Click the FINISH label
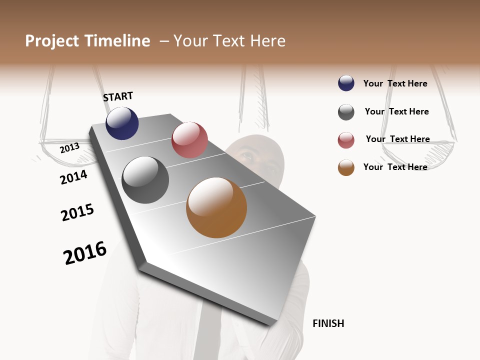pos(328,323)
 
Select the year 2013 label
pos(69,147)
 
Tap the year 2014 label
pos(73,177)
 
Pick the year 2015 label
pos(77,212)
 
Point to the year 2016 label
pos(85,253)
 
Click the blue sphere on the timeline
pos(122,123)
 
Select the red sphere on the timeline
pos(189,140)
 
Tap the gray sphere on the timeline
pos(145,180)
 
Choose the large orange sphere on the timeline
pos(216,207)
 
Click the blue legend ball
pos(346,83)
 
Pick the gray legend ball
pos(346,112)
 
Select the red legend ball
pos(346,140)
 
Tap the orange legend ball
pos(346,167)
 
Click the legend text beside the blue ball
pos(395,83)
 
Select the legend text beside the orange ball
pos(395,167)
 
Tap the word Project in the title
pos(52,41)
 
